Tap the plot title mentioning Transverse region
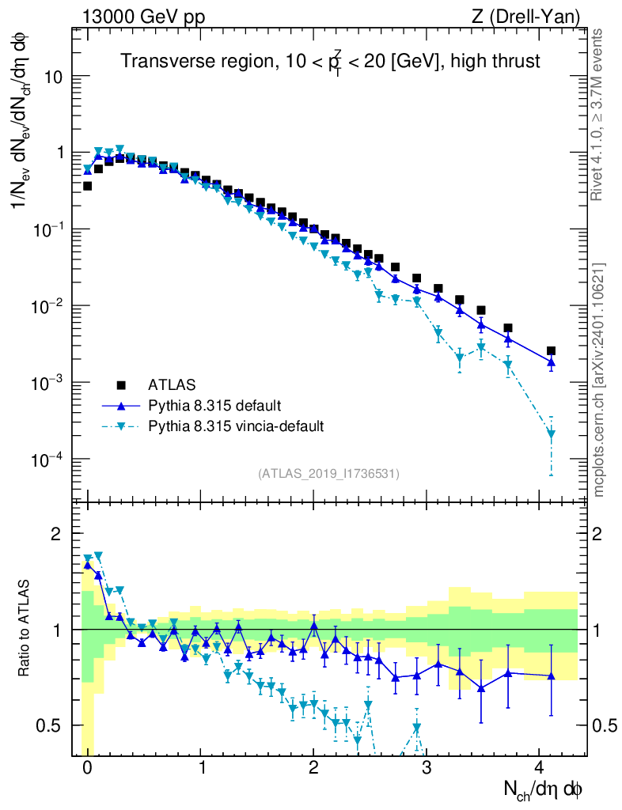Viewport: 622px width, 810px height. tap(331, 60)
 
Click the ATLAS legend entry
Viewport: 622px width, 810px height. tap(170, 385)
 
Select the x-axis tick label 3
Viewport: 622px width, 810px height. tap(427, 768)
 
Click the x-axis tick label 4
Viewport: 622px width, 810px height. tap(539, 768)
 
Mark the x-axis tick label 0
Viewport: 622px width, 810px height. tap(88, 768)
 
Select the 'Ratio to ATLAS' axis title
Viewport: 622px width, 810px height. tap(25, 628)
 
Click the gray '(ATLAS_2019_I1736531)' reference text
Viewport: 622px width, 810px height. tap(328, 473)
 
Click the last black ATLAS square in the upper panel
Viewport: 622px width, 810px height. tap(551, 350)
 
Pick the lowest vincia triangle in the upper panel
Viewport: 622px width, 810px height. tap(551, 433)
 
